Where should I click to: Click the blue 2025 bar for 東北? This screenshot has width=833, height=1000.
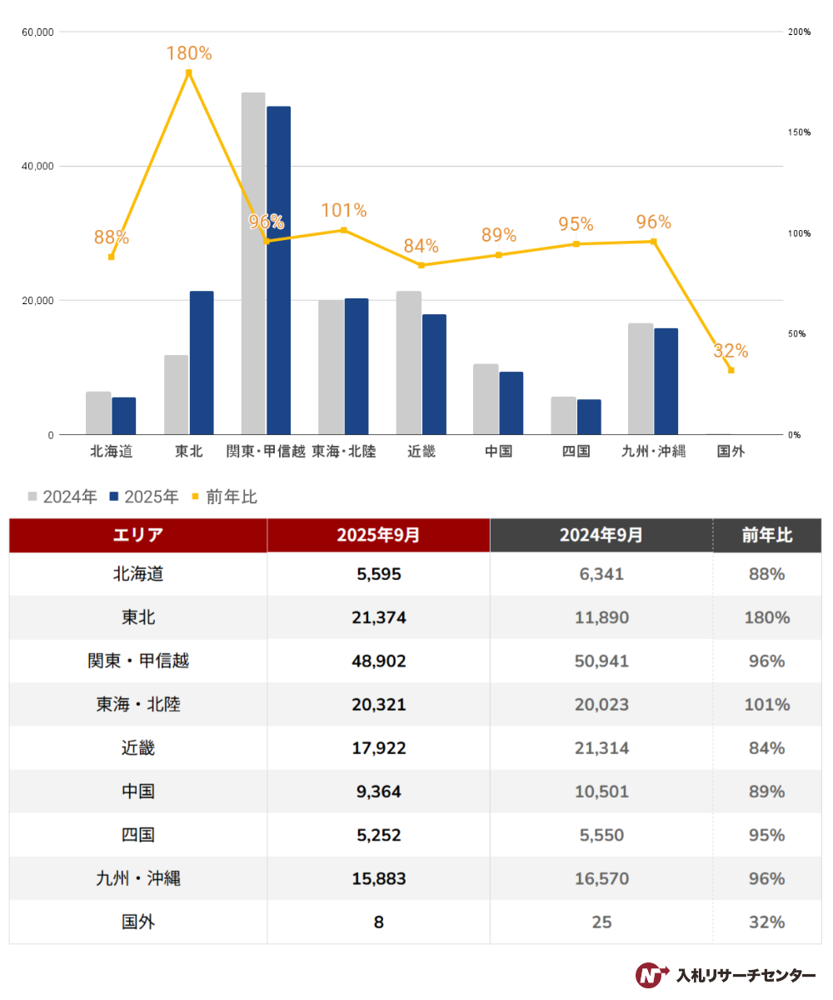point(202,362)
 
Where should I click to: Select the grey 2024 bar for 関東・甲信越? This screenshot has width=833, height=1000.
point(253,263)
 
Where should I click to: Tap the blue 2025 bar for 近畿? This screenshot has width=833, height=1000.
point(434,374)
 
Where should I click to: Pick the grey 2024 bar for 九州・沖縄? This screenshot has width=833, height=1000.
point(641,378)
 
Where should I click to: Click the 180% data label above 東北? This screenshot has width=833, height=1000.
point(189,53)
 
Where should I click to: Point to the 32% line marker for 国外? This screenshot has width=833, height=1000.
point(731,370)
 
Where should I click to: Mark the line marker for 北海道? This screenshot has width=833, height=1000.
point(111,257)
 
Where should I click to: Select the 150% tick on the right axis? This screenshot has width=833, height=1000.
point(799,132)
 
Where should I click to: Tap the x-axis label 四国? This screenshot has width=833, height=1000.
point(576,452)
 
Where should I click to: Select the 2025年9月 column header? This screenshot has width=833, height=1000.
point(378,535)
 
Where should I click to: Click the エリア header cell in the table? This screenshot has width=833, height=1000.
point(138,535)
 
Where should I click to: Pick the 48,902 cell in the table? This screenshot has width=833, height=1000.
point(378,661)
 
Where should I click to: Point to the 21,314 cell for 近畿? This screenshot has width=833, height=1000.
point(601,747)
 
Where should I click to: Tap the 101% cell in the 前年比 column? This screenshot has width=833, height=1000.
point(766,704)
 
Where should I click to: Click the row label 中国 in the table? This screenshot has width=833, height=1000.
point(138,791)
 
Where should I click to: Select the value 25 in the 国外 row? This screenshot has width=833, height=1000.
point(601,922)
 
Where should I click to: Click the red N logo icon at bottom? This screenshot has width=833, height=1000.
point(651,974)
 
